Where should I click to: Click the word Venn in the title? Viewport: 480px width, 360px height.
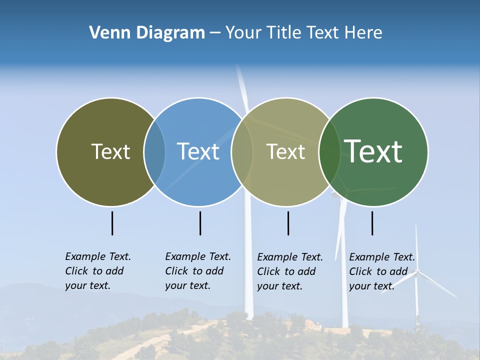tap(107, 33)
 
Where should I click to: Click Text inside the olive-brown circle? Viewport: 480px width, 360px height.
tap(110, 151)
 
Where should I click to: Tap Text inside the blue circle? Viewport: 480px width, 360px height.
tap(198, 151)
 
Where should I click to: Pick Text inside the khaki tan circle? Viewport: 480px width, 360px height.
tap(285, 151)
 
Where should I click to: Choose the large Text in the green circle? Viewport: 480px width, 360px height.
tap(373, 151)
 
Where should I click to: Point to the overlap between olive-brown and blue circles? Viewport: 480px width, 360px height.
tap(154, 151)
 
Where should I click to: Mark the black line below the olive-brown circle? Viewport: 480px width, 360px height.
tap(112, 223)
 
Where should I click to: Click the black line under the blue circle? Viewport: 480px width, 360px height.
tap(200, 223)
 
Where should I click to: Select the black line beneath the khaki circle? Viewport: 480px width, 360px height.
tap(288, 223)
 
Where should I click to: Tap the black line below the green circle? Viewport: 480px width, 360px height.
tap(372, 223)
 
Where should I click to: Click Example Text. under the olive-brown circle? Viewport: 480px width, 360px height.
tap(98, 256)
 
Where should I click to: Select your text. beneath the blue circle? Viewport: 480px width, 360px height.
tap(187, 285)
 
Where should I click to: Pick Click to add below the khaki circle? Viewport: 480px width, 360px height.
tap(286, 271)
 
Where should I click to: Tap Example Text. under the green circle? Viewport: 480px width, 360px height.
tap(382, 257)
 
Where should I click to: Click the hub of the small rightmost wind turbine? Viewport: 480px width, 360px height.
tap(417, 271)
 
